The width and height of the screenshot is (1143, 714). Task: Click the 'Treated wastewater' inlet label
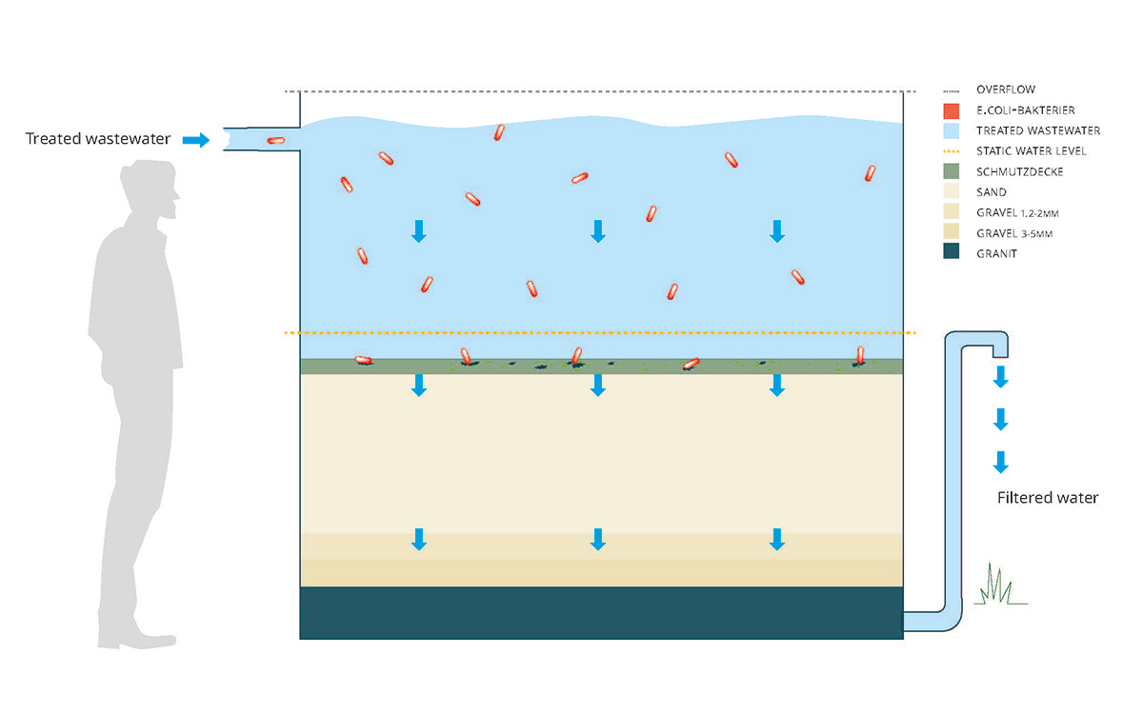[x=98, y=139]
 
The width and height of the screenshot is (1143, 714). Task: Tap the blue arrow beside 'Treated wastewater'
[x=196, y=140]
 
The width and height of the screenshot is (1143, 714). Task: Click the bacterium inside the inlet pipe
[x=276, y=140]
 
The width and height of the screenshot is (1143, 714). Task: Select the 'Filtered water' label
[x=1048, y=498]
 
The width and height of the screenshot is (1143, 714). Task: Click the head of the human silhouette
[x=150, y=187]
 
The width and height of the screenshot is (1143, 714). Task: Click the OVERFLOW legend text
[x=1006, y=89]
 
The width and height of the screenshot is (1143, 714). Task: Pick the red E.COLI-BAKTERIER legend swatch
[x=952, y=110]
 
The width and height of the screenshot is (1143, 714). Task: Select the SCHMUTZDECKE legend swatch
[x=952, y=171]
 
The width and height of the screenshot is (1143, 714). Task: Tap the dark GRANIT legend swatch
[x=952, y=251]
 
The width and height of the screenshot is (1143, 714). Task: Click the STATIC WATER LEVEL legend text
[x=1032, y=151]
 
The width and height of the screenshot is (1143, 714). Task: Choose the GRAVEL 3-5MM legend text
[x=1014, y=233]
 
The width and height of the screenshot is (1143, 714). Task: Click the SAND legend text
[x=992, y=192]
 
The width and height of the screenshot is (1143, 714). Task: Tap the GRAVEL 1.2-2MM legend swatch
[x=952, y=211]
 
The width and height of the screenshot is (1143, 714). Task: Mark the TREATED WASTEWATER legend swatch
[x=952, y=131]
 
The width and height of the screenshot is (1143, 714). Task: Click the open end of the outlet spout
[x=1000, y=357]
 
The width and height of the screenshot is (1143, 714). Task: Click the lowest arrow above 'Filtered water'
[x=1000, y=462]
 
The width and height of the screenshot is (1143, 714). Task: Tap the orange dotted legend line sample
[x=952, y=151]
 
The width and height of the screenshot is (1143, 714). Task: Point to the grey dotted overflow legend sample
[x=952, y=91]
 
